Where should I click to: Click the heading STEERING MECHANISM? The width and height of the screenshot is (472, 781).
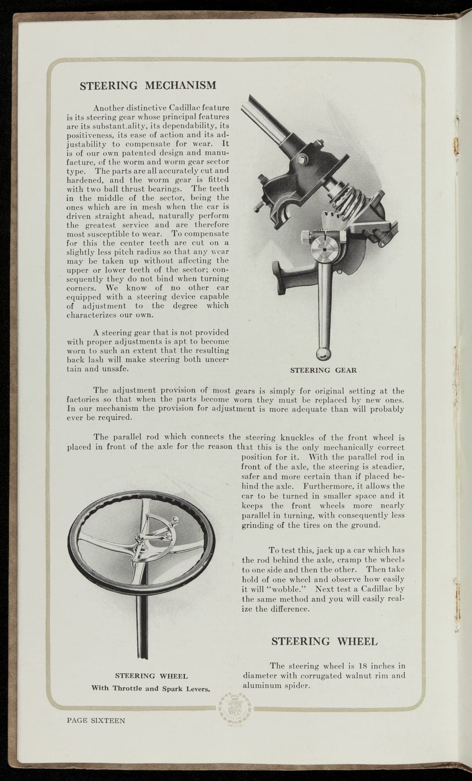click(148, 85)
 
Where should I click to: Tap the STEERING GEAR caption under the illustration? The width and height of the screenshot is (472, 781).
click(323, 370)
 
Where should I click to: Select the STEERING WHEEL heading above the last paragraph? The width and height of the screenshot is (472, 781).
click(324, 641)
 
